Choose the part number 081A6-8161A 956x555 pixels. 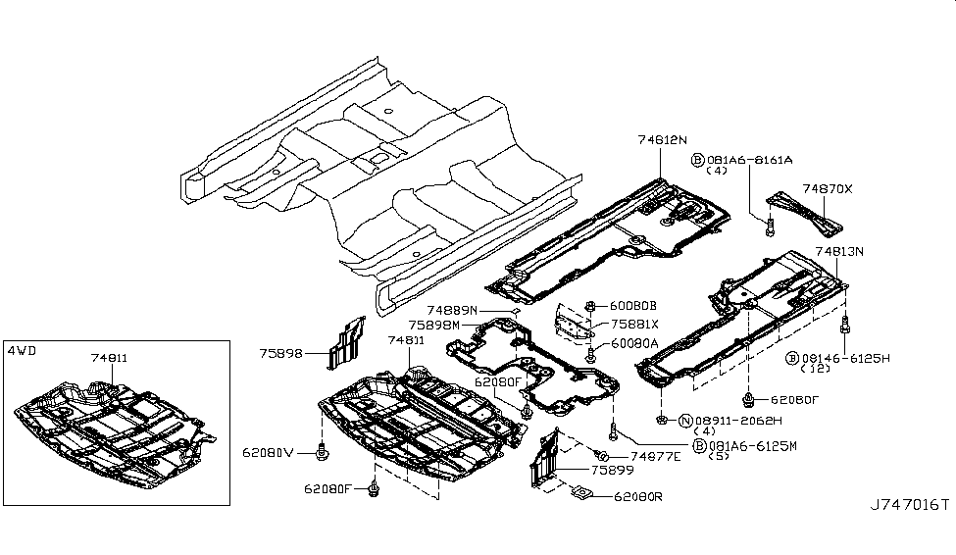coord(749,159)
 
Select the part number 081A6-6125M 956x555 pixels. coord(751,445)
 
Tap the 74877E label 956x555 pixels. coord(656,456)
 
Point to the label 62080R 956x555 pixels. coord(637,497)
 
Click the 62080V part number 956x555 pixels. coord(268,453)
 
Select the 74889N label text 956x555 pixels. coord(452,310)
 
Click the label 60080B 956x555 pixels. coord(633,305)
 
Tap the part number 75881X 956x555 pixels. coord(633,324)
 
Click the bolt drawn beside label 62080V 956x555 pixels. coord(322,451)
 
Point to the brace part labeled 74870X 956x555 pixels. coord(804,212)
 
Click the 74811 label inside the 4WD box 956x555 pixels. coord(109,359)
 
